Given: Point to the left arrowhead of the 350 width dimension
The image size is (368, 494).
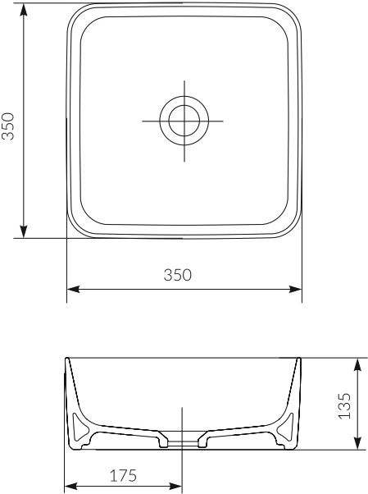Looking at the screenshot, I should tap(71, 289).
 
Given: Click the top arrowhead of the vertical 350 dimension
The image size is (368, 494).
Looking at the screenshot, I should tap(25, 10).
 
